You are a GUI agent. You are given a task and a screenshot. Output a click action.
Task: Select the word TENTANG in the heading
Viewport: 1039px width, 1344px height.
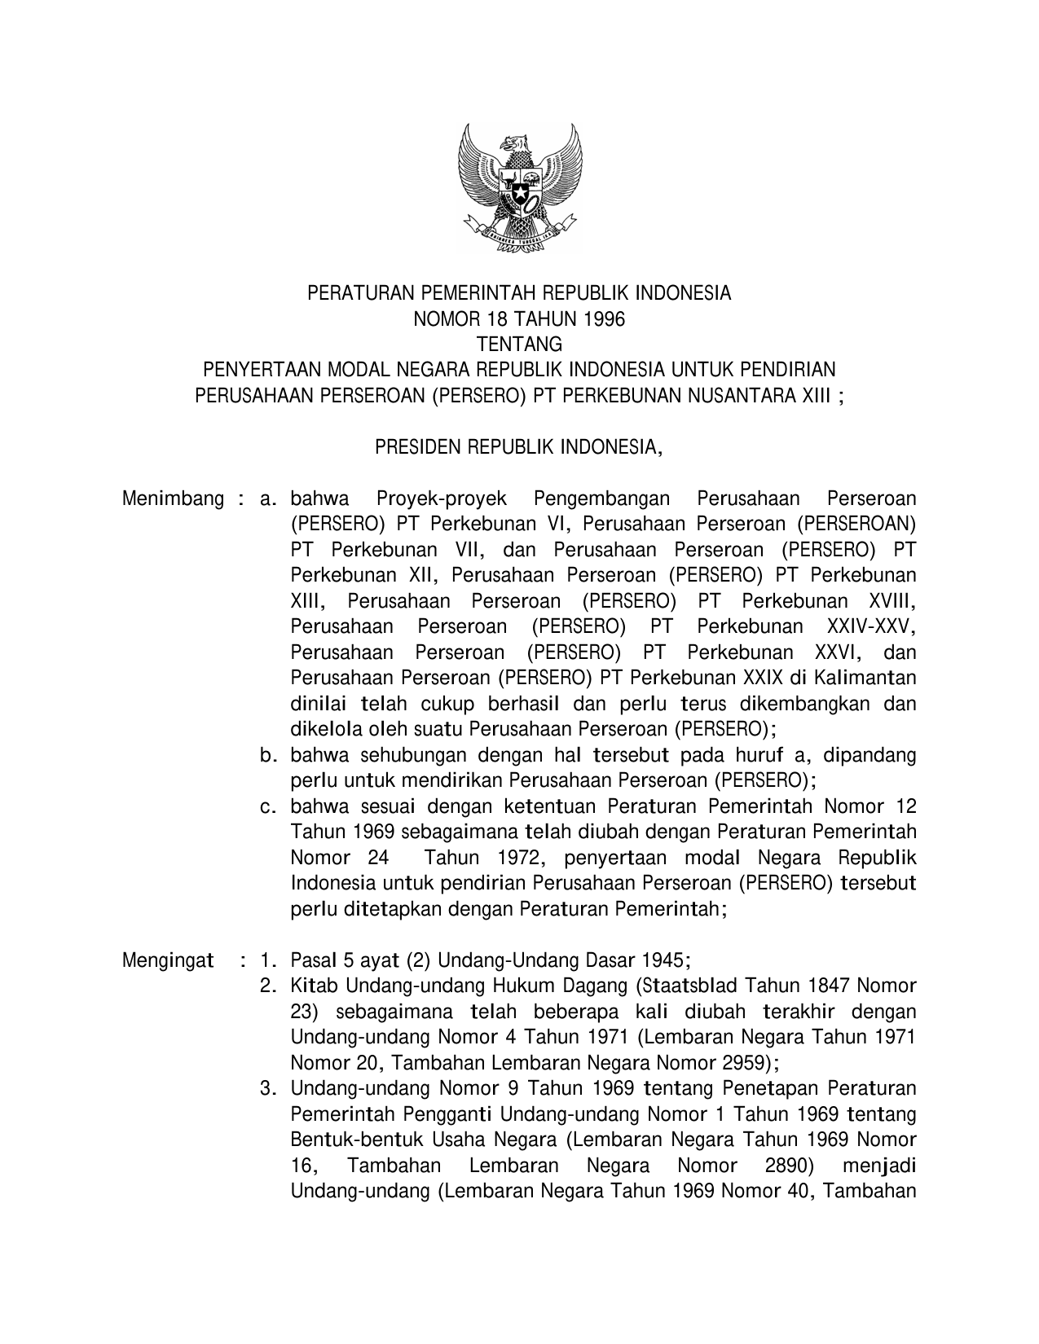pos(519,345)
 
